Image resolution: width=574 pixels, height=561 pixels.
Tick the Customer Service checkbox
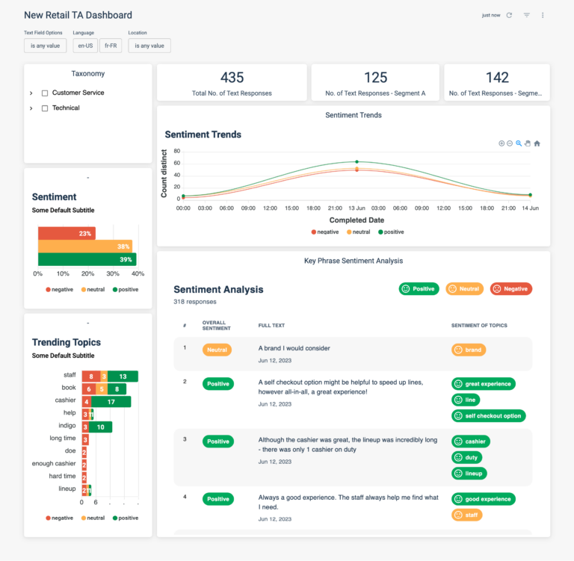[45, 93]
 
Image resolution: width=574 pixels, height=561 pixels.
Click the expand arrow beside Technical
[31, 108]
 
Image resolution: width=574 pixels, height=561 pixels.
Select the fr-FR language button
[111, 46]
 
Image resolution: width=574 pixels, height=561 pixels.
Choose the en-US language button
[85, 46]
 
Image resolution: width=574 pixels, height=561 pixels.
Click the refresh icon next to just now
[509, 15]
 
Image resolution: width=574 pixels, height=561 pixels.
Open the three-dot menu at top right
[543, 15]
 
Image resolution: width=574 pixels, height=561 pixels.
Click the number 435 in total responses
[232, 78]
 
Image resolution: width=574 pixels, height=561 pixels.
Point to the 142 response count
[497, 78]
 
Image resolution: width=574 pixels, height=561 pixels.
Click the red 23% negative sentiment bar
[67, 234]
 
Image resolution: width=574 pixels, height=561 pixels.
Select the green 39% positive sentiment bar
[86, 259]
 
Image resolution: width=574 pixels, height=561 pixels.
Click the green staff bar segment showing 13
[123, 376]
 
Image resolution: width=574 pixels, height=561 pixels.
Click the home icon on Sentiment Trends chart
[537, 143]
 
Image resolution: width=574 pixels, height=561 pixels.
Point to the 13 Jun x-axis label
[357, 208]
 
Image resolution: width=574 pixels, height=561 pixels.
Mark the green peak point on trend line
[357, 161]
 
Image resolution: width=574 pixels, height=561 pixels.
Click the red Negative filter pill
[510, 288]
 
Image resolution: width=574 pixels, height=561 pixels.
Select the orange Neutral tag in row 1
[217, 350]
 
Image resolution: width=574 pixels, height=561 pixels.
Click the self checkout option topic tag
[488, 415]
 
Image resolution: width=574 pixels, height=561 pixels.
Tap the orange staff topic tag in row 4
[466, 515]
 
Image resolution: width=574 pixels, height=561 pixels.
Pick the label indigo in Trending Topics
[67, 427]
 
